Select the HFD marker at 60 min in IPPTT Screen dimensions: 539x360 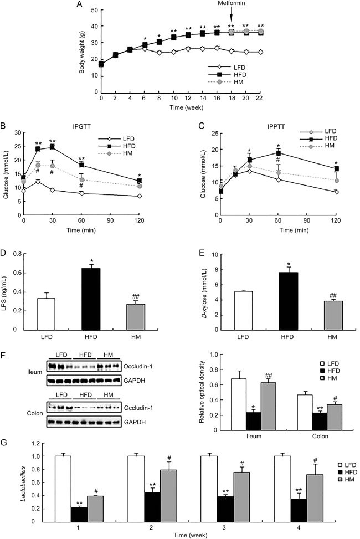(279, 153)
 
